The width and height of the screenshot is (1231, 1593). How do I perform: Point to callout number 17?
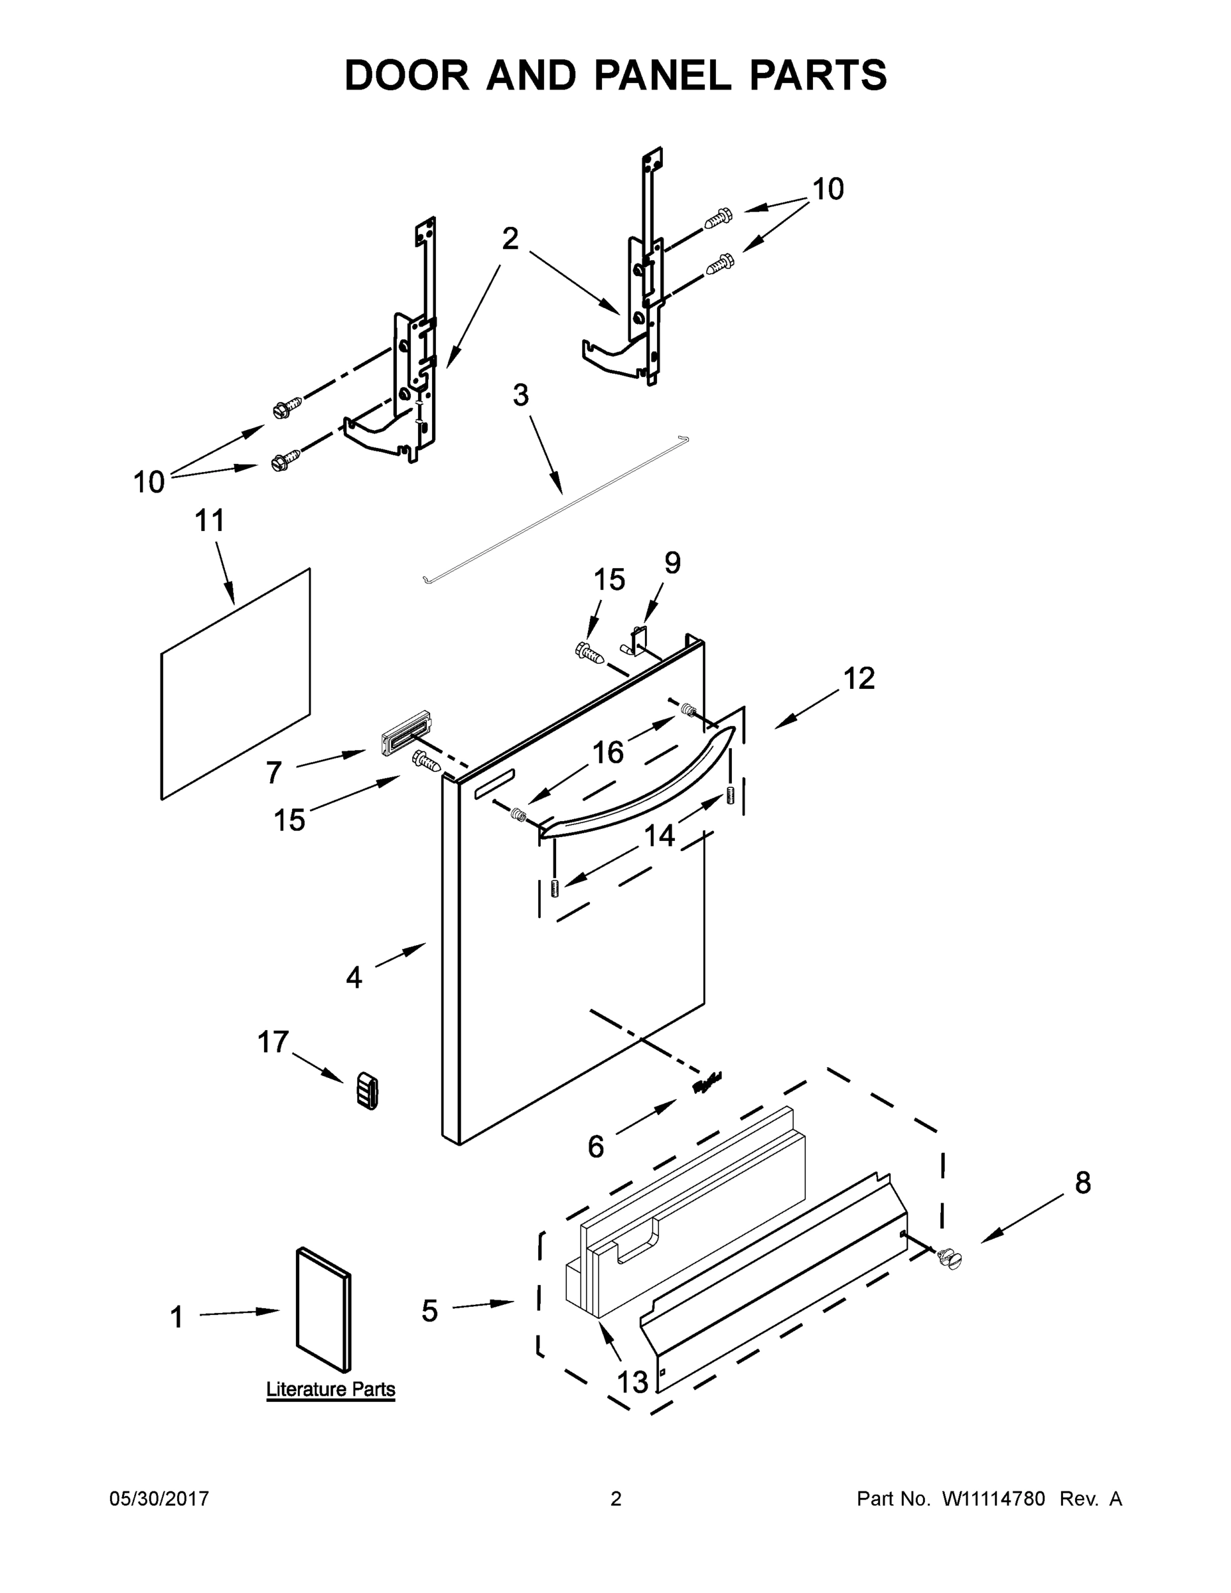click(x=273, y=1042)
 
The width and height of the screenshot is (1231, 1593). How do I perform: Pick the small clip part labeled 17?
click(x=367, y=1091)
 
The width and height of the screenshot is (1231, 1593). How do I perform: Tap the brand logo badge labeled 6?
click(x=706, y=1083)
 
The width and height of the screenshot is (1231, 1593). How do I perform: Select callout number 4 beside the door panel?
click(x=354, y=976)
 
